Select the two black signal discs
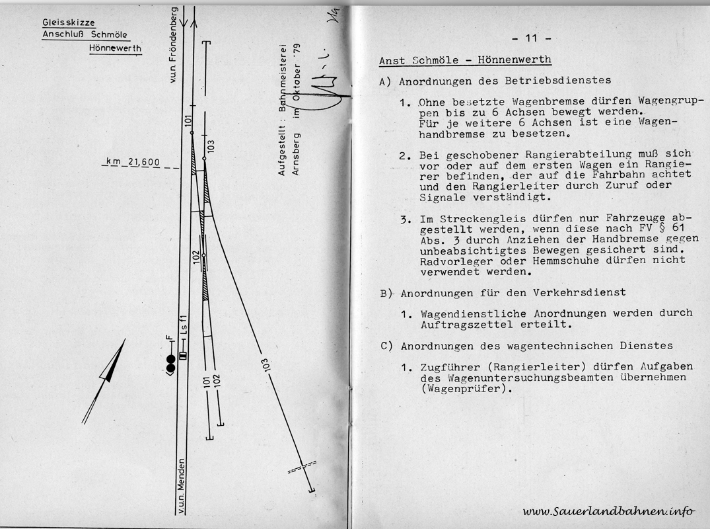[170, 363]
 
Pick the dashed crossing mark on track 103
[302, 468]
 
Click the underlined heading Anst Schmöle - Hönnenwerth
[465, 60]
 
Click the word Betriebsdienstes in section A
[562, 81]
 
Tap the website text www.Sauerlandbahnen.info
[608, 510]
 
